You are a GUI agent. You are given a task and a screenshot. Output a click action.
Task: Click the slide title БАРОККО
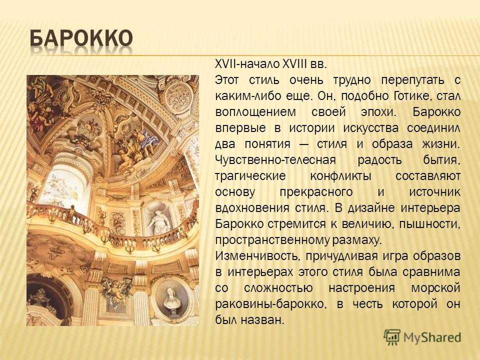(x=81, y=39)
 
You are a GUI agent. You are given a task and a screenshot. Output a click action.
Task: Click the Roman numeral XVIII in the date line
(x=294, y=64)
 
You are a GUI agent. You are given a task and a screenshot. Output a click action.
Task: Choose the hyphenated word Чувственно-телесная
(x=275, y=160)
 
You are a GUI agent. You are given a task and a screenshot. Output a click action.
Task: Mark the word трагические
(x=250, y=176)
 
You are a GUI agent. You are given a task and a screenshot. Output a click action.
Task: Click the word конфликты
(x=340, y=176)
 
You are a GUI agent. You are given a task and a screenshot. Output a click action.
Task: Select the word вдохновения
(x=252, y=208)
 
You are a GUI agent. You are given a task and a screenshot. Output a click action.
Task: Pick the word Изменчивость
(x=257, y=256)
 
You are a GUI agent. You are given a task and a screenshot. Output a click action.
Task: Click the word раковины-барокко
(x=269, y=304)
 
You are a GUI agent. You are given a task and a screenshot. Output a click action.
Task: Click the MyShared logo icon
(x=392, y=337)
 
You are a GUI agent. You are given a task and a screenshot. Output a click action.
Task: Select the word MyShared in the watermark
(x=432, y=337)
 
